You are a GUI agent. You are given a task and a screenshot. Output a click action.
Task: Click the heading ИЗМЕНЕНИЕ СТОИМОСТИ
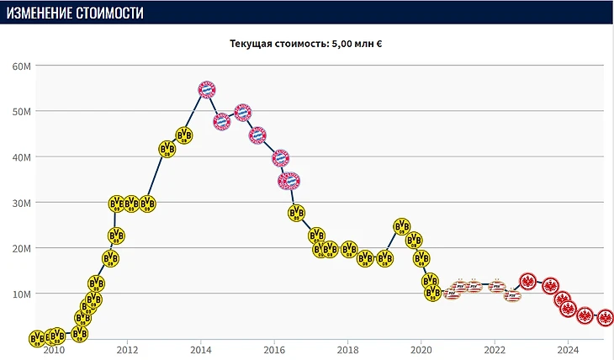(75, 13)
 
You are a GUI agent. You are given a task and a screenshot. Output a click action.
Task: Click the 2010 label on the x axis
(54, 350)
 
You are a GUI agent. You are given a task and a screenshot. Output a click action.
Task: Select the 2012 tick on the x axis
(127, 350)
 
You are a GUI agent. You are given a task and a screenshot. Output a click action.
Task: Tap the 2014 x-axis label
(200, 350)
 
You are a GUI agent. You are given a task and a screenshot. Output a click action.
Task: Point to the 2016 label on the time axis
(274, 350)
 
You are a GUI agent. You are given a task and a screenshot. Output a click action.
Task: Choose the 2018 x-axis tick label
(347, 350)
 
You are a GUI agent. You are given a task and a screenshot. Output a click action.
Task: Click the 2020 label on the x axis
(421, 350)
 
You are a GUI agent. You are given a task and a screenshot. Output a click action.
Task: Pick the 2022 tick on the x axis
(494, 350)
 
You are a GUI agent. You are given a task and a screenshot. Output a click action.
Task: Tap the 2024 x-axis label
(568, 350)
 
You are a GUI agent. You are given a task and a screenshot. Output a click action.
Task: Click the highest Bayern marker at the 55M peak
(208, 89)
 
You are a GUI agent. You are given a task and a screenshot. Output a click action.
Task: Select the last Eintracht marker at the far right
(605, 318)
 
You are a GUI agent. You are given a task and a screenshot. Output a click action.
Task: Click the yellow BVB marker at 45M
(184, 135)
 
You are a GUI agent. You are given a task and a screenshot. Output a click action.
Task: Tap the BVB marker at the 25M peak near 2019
(403, 226)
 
